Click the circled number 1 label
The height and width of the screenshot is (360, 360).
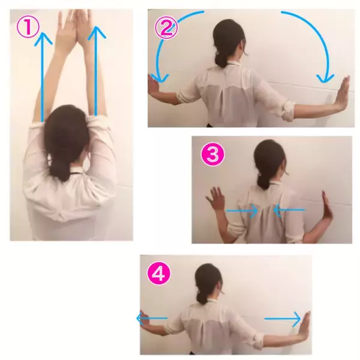(28, 28)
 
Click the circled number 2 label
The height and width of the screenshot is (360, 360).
(166, 28)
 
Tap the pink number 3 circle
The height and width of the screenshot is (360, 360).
(212, 154)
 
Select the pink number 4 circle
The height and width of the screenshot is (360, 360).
(159, 274)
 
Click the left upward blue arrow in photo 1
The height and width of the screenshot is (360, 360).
(43, 77)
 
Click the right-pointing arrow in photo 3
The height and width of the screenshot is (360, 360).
(242, 211)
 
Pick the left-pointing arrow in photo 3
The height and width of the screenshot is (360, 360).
(289, 210)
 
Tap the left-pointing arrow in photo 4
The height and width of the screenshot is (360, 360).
(152, 318)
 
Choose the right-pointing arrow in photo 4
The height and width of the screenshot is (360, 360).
(283, 319)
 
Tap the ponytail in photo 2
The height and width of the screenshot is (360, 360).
(221, 59)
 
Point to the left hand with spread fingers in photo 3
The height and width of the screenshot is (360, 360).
(215, 198)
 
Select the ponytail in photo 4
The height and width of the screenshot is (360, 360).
(202, 296)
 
